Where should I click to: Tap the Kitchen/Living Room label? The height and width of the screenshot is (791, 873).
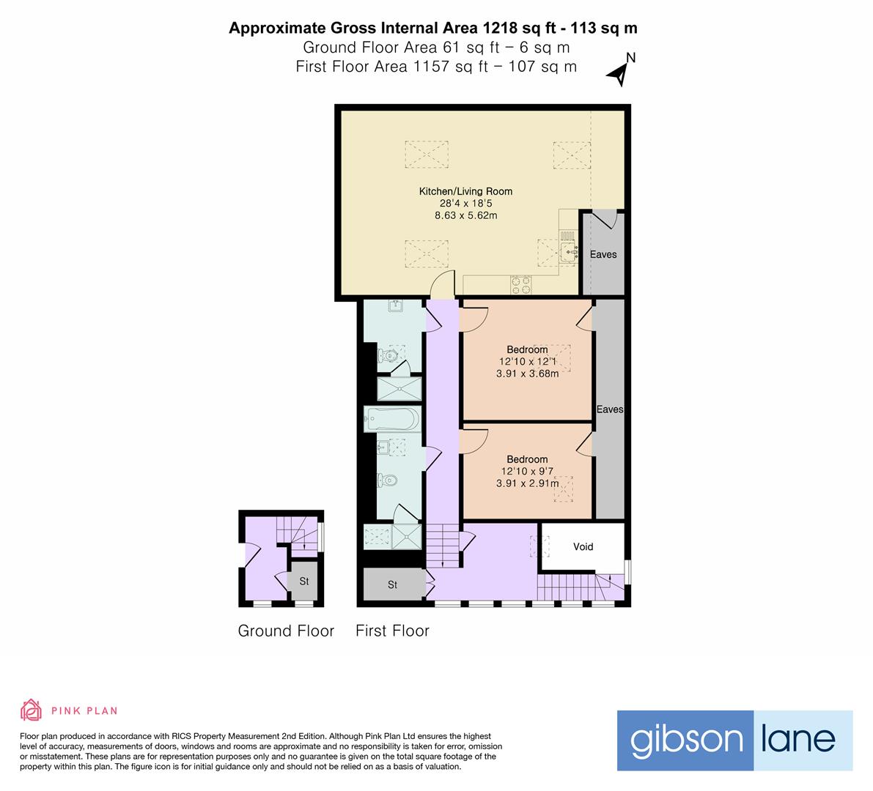tap(465, 191)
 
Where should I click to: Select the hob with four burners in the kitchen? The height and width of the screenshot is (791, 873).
tap(521, 283)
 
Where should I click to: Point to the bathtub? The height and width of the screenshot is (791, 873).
tap(392, 420)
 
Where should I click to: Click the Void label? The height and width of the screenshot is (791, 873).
tap(583, 546)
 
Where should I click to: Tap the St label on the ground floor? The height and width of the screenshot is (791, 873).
tap(303, 582)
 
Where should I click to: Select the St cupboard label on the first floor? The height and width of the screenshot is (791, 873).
tap(392, 584)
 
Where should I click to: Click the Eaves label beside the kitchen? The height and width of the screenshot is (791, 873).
tap(603, 254)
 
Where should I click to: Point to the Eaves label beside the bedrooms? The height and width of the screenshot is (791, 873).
tap(609, 409)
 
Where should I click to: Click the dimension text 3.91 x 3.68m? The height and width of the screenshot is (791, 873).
tap(527, 374)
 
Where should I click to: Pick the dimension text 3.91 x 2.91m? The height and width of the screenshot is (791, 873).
tap(527, 483)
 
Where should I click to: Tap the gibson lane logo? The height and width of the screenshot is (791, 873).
tap(734, 740)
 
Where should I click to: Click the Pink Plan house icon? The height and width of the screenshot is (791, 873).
tap(31, 710)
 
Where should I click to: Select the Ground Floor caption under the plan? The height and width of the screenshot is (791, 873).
tap(286, 631)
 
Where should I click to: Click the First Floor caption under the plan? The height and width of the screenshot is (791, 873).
tap(392, 631)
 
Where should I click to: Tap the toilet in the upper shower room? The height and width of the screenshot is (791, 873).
tap(386, 357)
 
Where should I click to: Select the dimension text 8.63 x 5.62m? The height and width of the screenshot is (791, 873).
tap(465, 215)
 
